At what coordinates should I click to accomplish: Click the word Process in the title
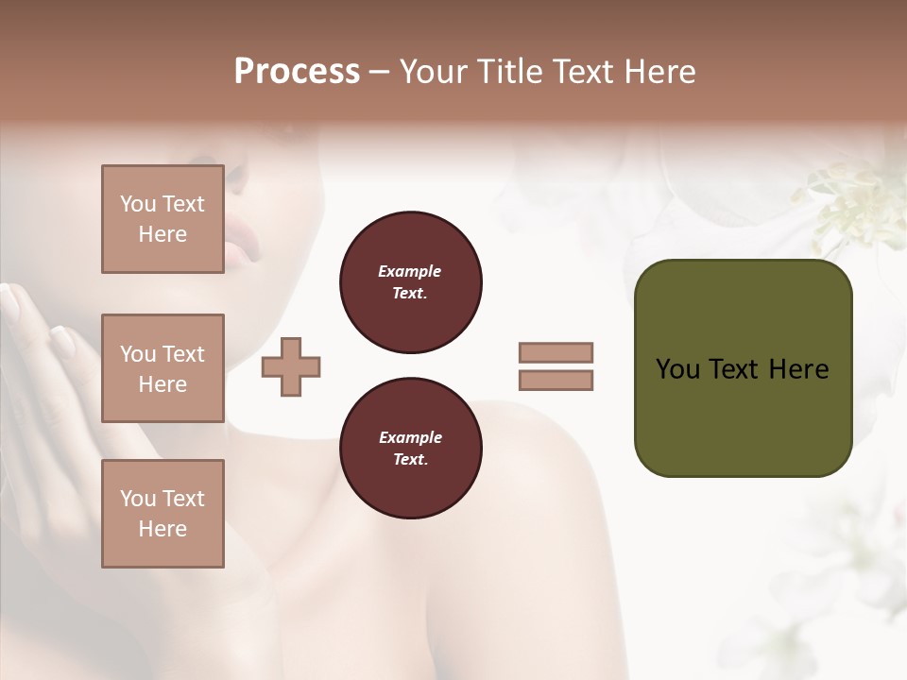(297, 72)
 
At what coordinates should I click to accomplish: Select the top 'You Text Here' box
(163, 219)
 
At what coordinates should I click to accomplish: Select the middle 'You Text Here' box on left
(163, 368)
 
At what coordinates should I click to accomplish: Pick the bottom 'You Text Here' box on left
(163, 514)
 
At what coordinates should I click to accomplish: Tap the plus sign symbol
(291, 365)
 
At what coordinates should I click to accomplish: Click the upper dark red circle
(410, 282)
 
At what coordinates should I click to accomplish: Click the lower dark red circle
(410, 449)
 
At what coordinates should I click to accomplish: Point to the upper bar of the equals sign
(556, 352)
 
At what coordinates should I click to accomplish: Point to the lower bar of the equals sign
(556, 380)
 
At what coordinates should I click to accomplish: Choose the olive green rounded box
(743, 416)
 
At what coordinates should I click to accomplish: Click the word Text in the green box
(734, 369)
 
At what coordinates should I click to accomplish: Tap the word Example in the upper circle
(410, 271)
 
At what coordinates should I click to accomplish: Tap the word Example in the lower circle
(410, 437)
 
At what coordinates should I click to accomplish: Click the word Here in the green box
(798, 369)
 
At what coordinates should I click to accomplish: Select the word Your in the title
(435, 72)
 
